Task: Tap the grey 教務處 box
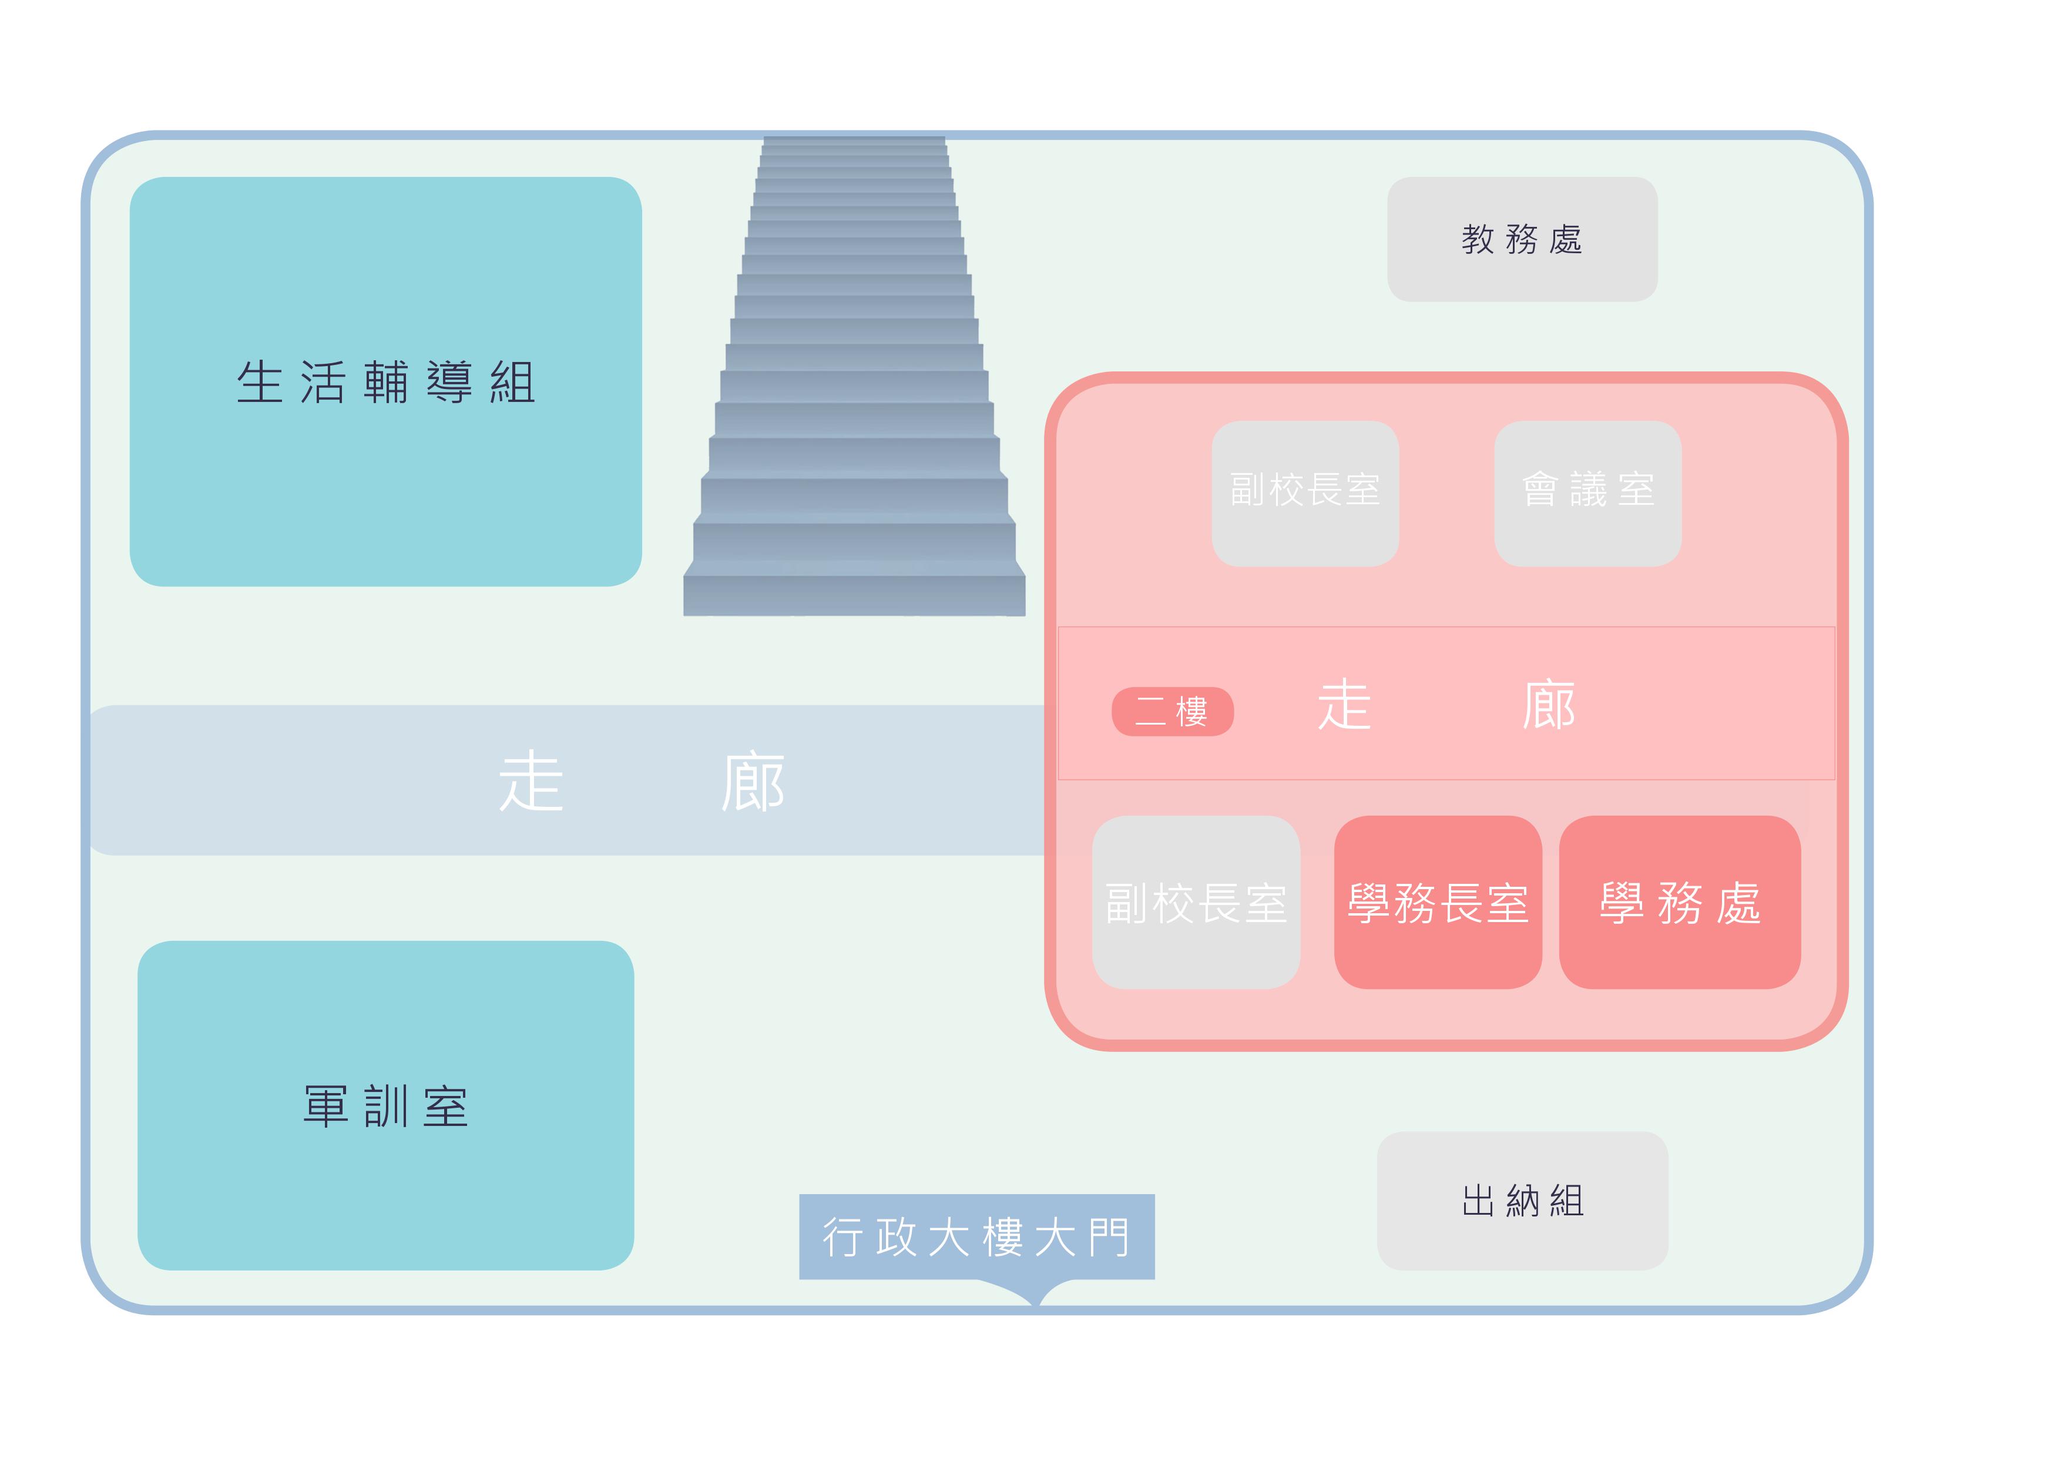pyautogui.click(x=1522, y=239)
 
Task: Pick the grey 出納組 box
pyautogui.click(x=1522, y=1201)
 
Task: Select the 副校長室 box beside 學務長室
pyautogui.click(x=1196, y=902)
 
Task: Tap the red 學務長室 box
pyautogui.click(x=1438, y=902)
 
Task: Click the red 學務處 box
pyautogui.click(x=1680, y=902)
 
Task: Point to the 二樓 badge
pyautogui.click(x=1172, y=712)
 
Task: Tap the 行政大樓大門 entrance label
pyautogui.click(x=976, y=1236)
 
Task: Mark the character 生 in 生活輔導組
pyautogui.click(x=260, y=383)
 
